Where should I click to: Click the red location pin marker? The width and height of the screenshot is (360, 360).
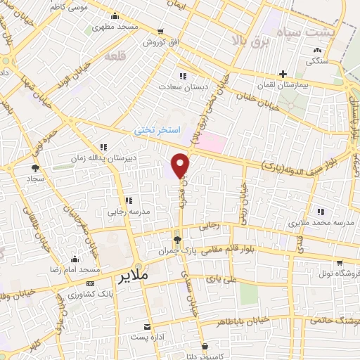tap(181, 165)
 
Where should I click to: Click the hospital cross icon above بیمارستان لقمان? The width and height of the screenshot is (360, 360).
tap(282, 73)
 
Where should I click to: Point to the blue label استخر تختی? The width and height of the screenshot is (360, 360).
tap(158, 131)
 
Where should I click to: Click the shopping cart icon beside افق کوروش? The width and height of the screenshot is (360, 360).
tap(162, 32)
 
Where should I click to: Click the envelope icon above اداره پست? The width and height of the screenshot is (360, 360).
tap(148, 327)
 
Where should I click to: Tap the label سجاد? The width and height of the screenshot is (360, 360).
tap(35, 180)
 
